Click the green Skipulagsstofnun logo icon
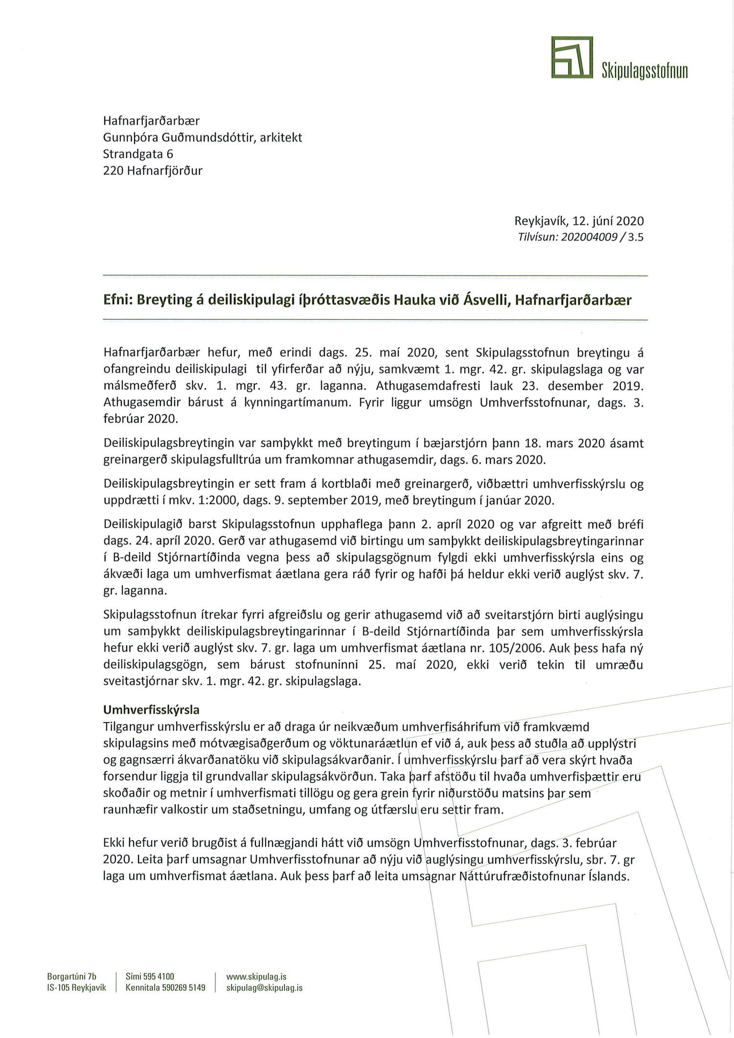tap(572, 57)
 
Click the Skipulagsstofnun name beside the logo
tap(644, 71)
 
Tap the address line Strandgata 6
tap(138, 154)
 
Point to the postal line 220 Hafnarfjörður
tap(153, 171)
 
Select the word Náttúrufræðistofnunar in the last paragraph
tap(520, 876)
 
